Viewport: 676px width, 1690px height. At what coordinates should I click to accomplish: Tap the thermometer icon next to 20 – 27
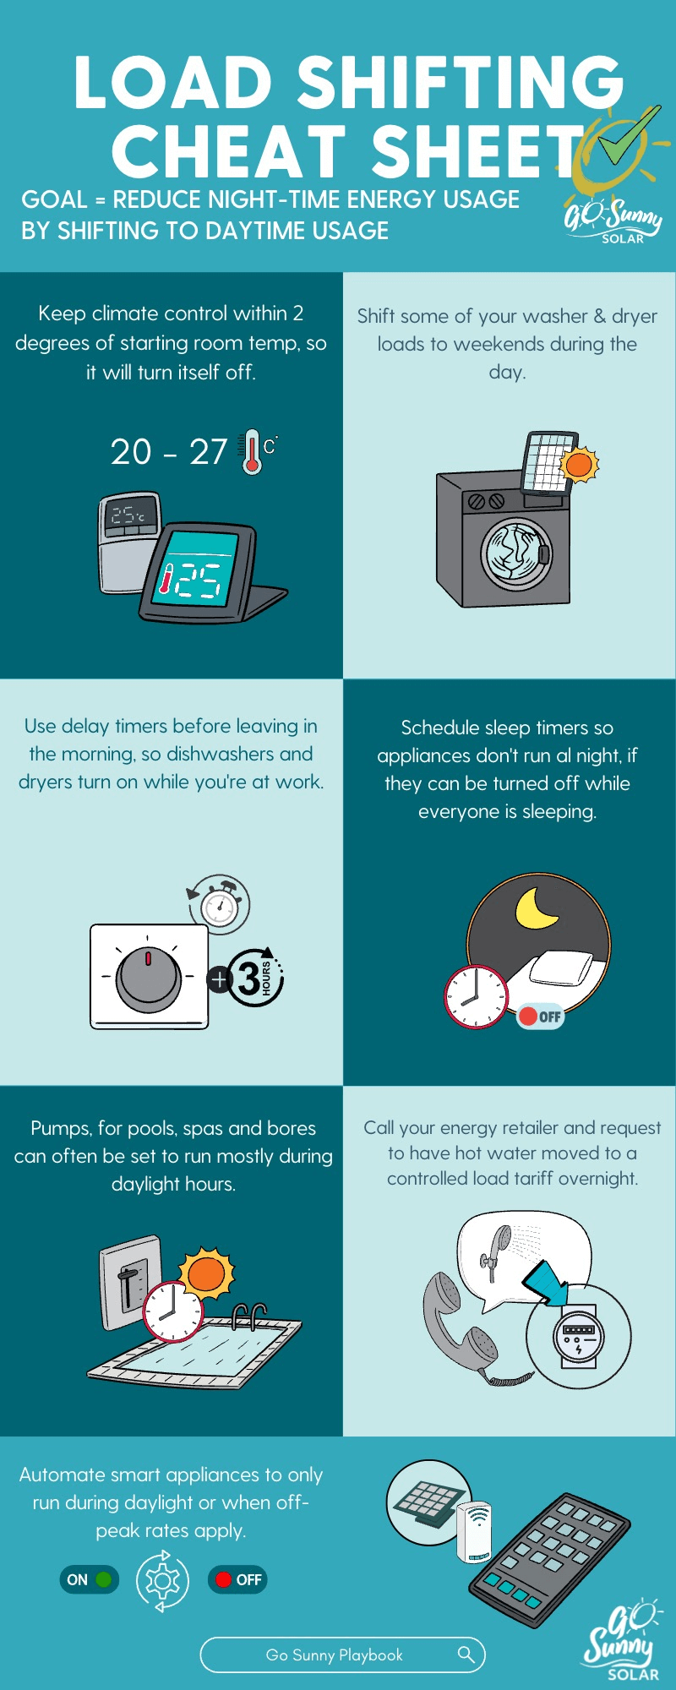click(251, 452)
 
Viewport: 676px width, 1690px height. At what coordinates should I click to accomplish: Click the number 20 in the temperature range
click(131, 452)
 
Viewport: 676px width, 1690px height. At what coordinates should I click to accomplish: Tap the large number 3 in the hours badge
click(248, 979)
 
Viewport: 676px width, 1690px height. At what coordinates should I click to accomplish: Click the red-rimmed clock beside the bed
click(477, 996)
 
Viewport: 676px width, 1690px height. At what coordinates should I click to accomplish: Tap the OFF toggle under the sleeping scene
click(541, 1017)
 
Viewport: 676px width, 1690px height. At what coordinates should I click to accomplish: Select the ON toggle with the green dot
click(89, 1579)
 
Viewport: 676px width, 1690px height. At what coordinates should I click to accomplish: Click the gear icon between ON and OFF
click(162, 1580)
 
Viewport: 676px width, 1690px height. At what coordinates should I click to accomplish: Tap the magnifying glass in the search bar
click(466, 1654)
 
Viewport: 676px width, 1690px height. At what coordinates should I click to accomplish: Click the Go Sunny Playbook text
click(334, 1655)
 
